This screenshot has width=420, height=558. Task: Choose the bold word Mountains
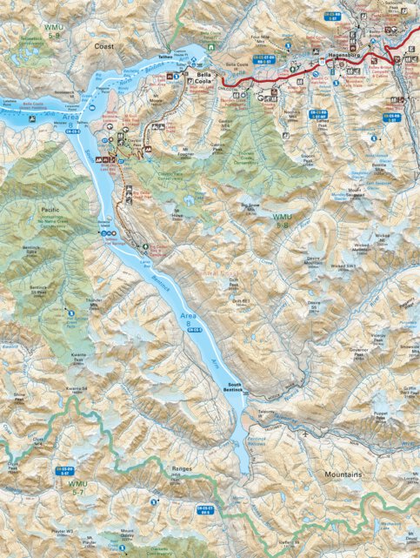point(343,475)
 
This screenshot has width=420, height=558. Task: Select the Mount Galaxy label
point(127,533)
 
